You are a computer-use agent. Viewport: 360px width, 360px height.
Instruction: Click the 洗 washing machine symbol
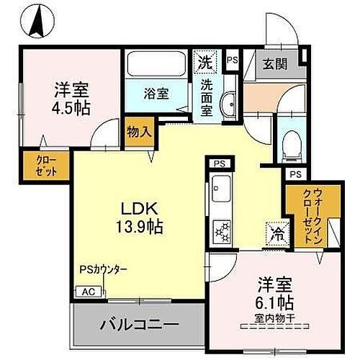[x=206, y=62]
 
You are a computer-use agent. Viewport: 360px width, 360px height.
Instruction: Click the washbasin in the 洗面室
[x=230, y=105]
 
